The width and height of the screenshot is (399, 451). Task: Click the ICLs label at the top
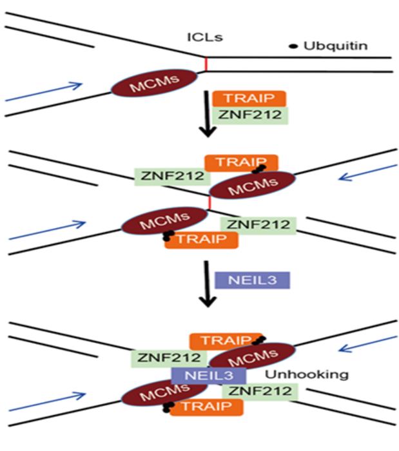(x=208, y=38)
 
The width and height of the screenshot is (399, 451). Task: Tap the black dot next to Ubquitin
(x=293, y=46)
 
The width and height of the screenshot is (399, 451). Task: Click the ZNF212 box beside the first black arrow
(x=250, y=116)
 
